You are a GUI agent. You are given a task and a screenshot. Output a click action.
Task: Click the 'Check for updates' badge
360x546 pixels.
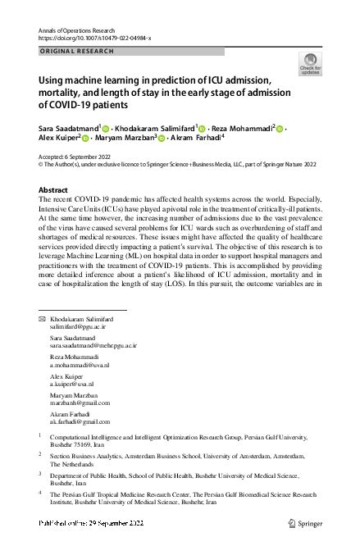pyautogui.click(x=312, y=63)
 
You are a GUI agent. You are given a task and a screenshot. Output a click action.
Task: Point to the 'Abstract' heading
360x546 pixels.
pyautogui.click(x=53, y=189)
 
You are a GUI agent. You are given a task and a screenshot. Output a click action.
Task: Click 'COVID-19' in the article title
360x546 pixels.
pyautogui.click(x=58, y=104)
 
